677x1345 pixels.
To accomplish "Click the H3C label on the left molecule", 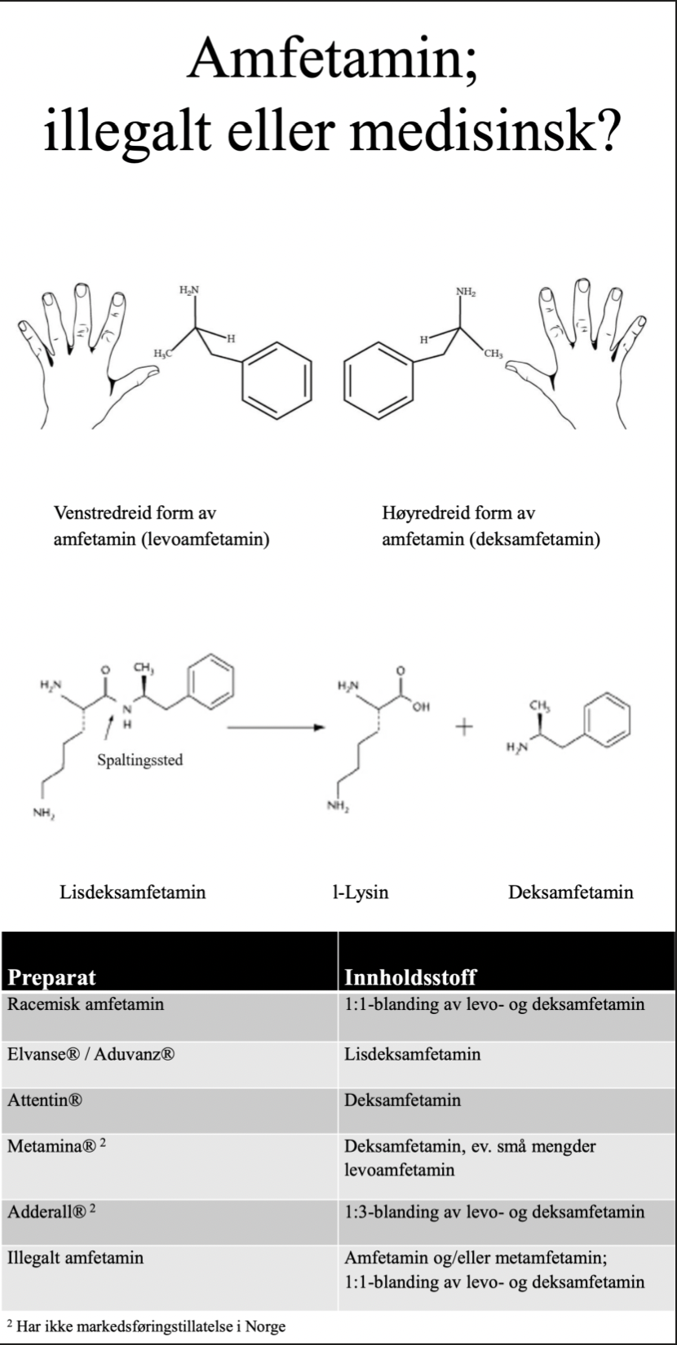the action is click(165, 352).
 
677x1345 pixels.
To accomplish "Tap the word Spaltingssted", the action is click(139, 760).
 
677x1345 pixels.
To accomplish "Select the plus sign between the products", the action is click(464, 727).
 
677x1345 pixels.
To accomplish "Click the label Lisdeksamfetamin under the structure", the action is click(133, 892).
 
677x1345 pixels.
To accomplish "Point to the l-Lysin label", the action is click(355, 892).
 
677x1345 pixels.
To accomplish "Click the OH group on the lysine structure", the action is click(421, 706).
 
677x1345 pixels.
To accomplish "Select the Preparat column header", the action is click(52, 977).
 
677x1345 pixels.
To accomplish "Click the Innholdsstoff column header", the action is click(409, 977).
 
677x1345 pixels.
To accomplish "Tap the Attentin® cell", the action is click(46, 1100).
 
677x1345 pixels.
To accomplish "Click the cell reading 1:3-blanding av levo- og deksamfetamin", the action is click(494, 1212).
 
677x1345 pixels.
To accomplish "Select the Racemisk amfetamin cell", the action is click(86, 1003).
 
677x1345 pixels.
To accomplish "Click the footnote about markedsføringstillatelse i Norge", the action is click(147, 1326).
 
